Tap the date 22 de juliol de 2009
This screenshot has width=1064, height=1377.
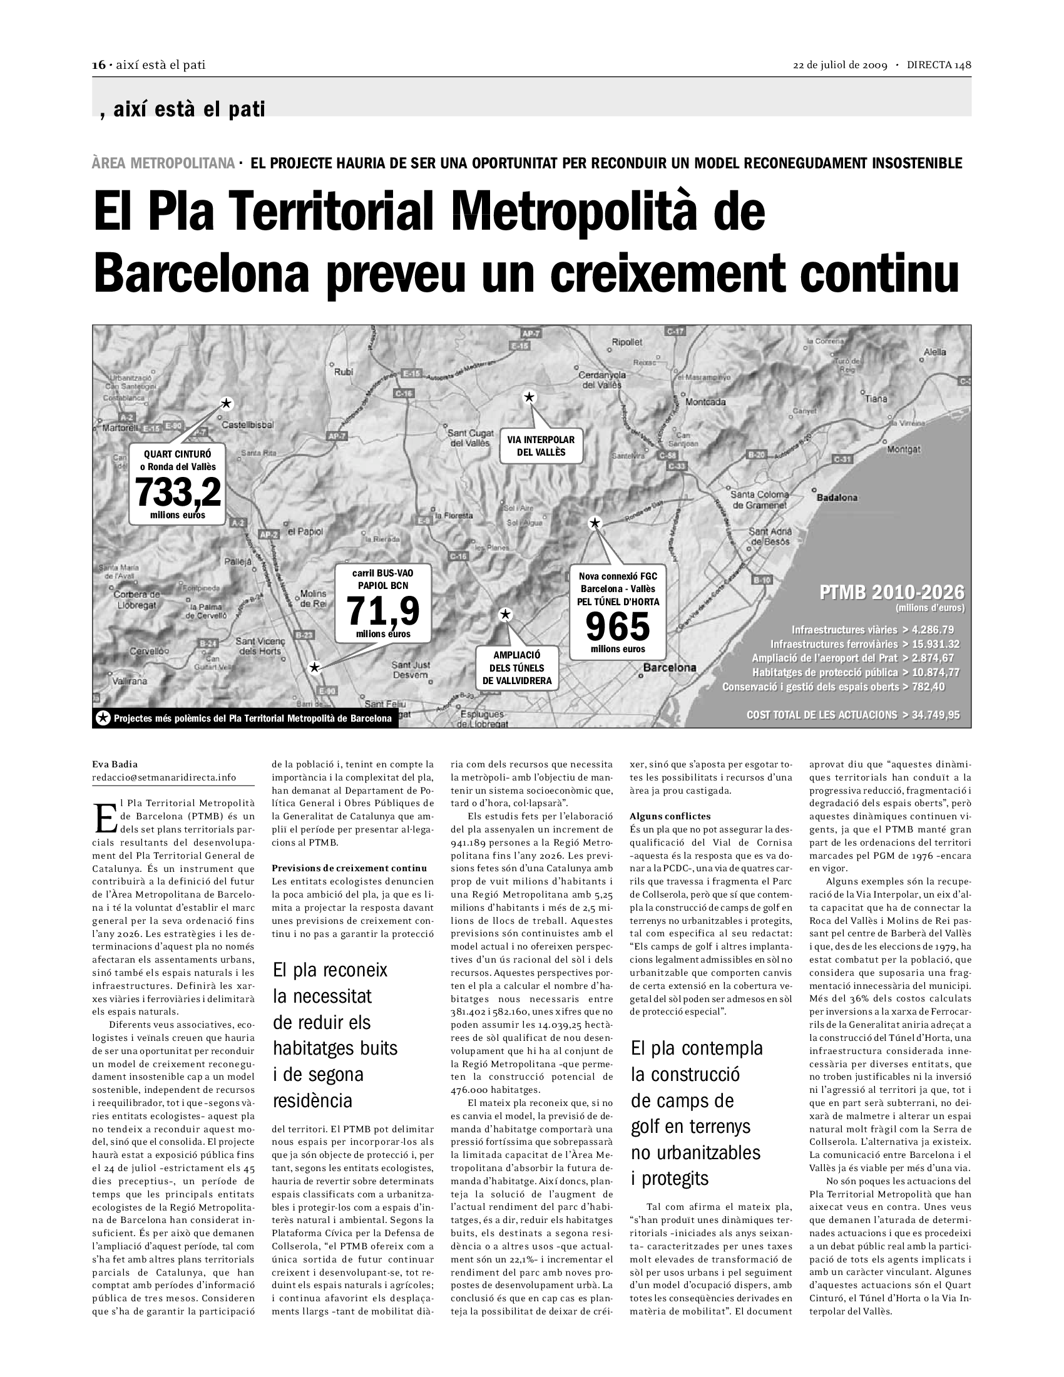[839, 66]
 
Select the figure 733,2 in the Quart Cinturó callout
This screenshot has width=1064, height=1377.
[178, 492]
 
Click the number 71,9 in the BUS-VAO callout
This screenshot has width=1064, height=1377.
[383, 610]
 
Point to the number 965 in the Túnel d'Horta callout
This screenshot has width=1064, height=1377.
[617, 626]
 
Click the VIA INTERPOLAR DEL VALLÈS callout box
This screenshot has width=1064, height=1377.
[541, 446]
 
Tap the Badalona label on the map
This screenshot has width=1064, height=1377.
[837, 498]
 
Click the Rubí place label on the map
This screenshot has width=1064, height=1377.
[344, 372]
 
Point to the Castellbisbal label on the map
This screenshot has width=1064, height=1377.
[248, 425]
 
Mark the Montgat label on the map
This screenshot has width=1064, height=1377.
[903, 449]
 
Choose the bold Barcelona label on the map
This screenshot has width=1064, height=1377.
[670, 668]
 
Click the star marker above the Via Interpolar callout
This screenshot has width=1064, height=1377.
[529, 397]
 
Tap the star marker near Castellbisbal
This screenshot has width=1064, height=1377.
[226, 404]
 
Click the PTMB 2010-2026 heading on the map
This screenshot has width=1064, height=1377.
[891, 592]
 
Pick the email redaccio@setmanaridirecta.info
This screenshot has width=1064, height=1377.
[164, 777]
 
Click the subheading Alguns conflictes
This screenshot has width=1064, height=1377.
[670, 816]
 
